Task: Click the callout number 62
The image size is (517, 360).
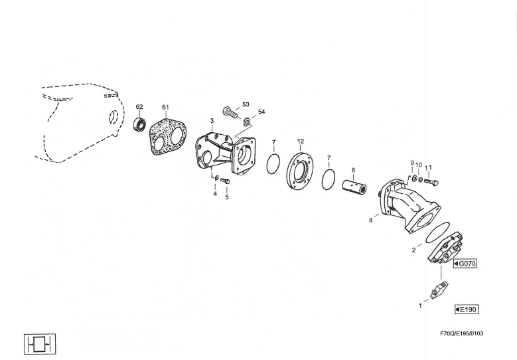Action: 139,107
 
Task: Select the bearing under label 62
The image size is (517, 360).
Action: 140,125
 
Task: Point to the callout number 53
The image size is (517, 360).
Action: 246,104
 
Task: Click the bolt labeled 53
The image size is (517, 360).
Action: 230,114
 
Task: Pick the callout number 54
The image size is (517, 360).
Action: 261,112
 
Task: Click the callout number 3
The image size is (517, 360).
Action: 212,121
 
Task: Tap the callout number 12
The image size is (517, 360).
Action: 300,141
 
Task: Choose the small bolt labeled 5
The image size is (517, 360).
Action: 226,181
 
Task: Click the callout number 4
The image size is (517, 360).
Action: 214,194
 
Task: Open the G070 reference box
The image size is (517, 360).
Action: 465,264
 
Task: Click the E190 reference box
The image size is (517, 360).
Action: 466,309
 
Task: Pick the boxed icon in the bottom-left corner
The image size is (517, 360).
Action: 39,343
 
